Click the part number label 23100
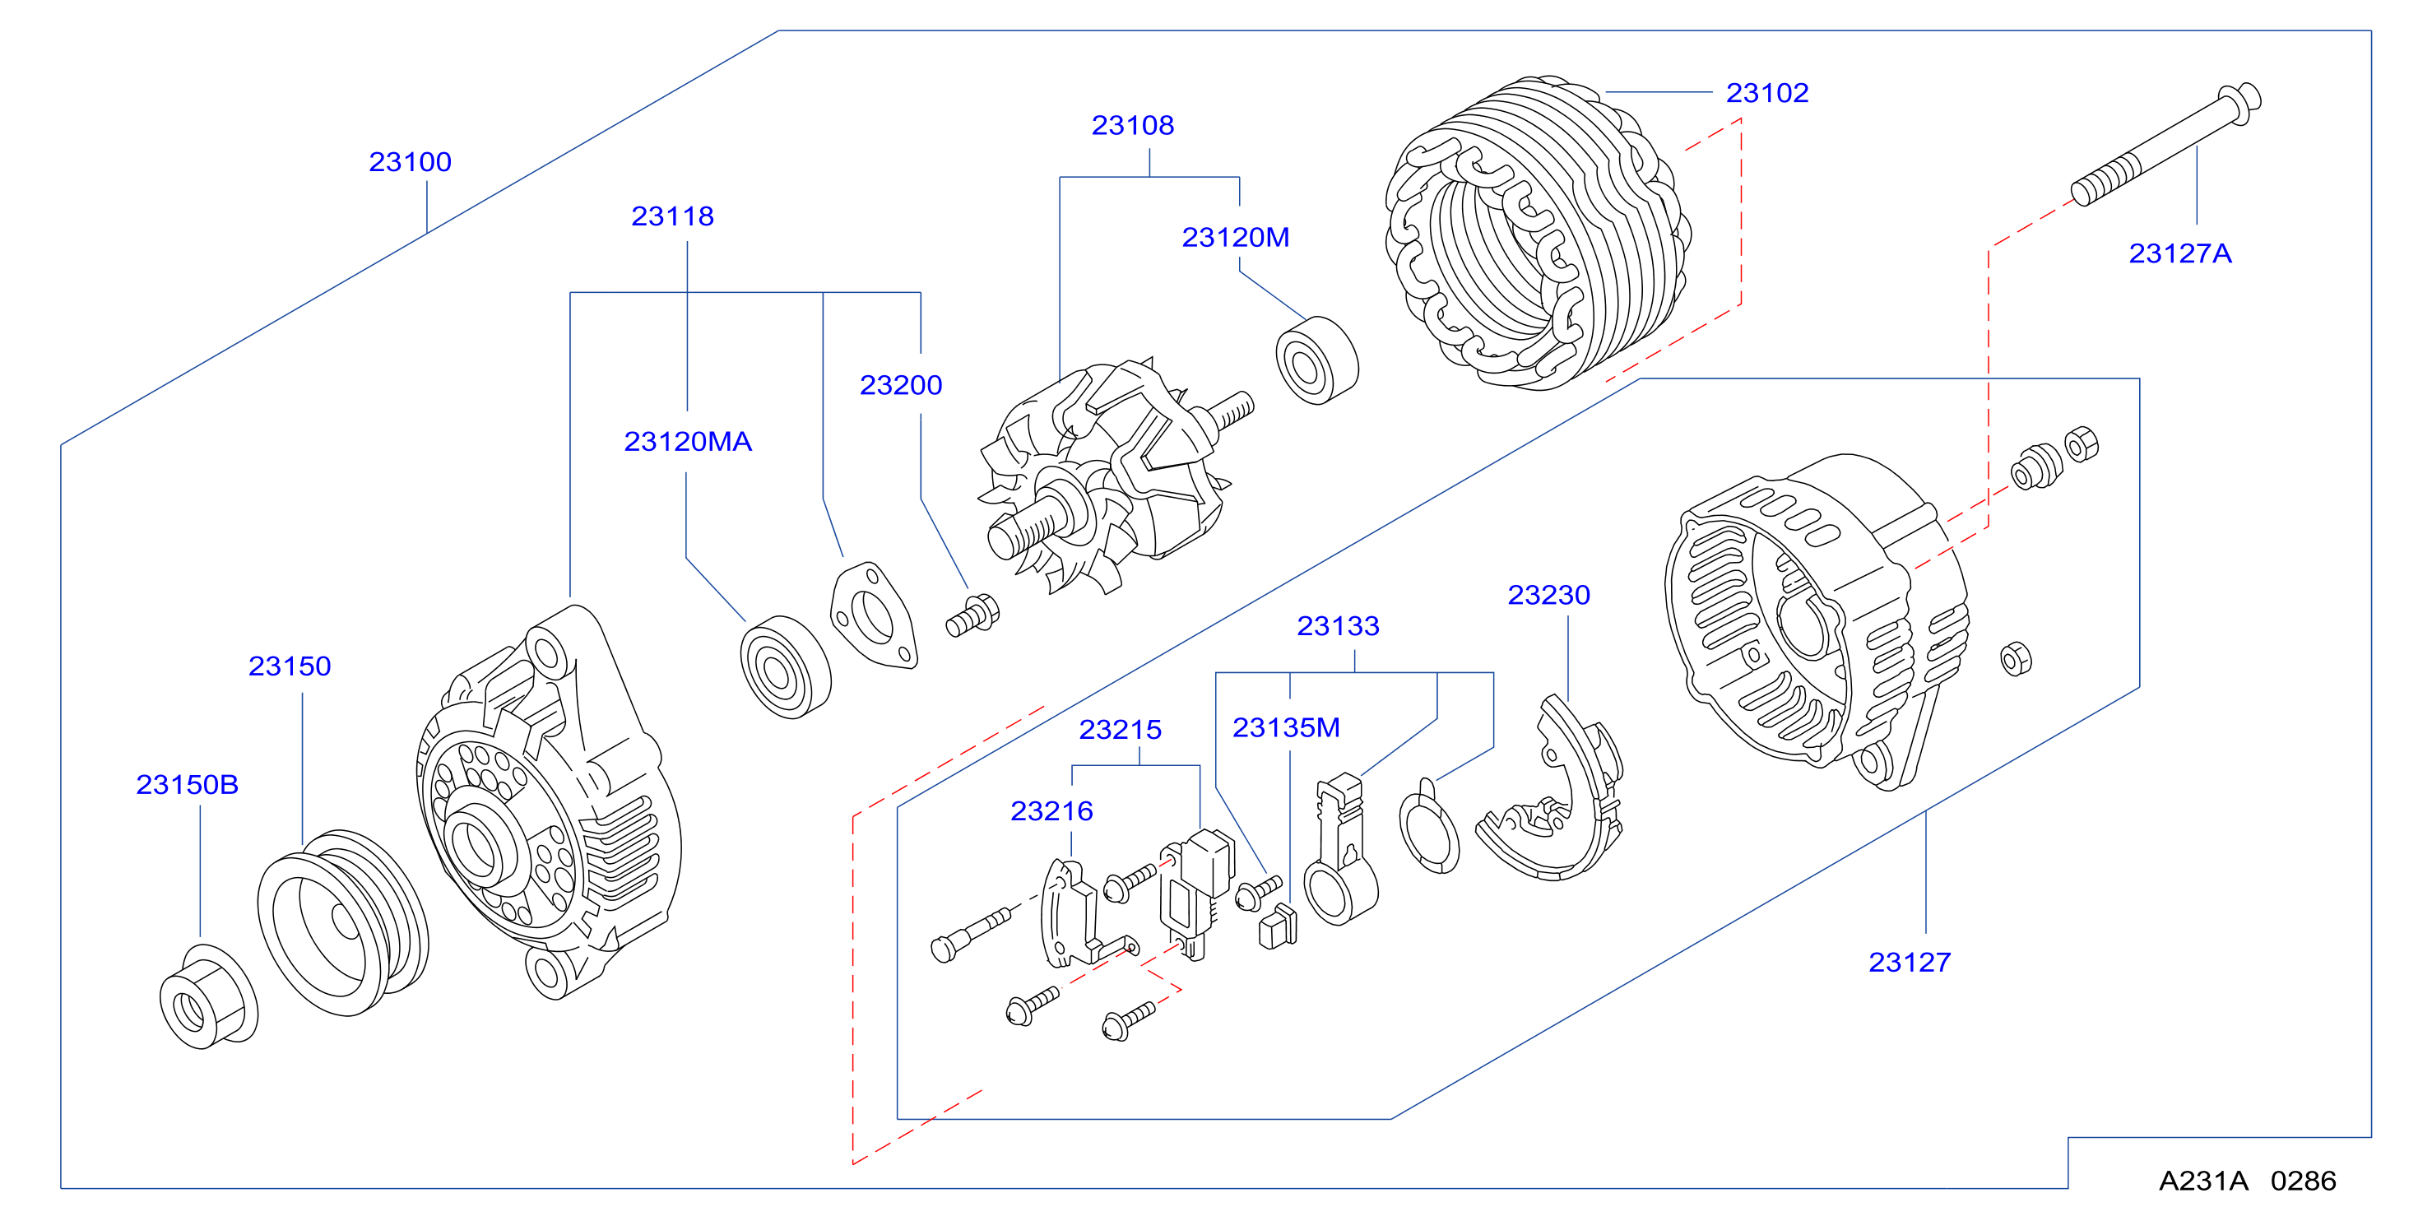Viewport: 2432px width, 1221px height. point(410,161)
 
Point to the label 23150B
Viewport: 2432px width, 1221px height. point(187,785)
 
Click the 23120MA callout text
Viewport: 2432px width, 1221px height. point(687,442)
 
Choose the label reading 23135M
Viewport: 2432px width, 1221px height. point(1286,728)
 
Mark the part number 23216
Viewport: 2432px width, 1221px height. point(1051,811)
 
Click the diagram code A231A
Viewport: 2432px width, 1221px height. point(2203,1182)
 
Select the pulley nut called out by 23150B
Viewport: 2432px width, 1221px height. point(207,996)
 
